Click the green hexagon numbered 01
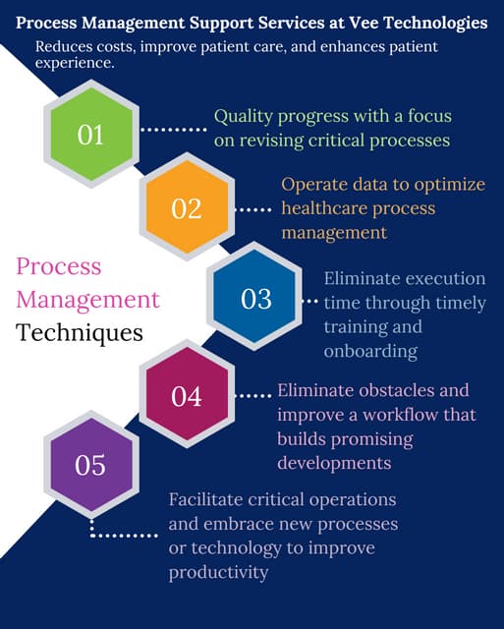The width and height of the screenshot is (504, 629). [90, 134]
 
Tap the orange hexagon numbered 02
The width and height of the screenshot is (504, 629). [186, 208]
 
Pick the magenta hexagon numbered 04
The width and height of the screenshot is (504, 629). [186, 396]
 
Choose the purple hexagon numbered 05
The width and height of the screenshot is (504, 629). [90, 464]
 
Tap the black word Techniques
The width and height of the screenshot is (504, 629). [79, 332]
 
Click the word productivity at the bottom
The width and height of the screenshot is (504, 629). [218, 572]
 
